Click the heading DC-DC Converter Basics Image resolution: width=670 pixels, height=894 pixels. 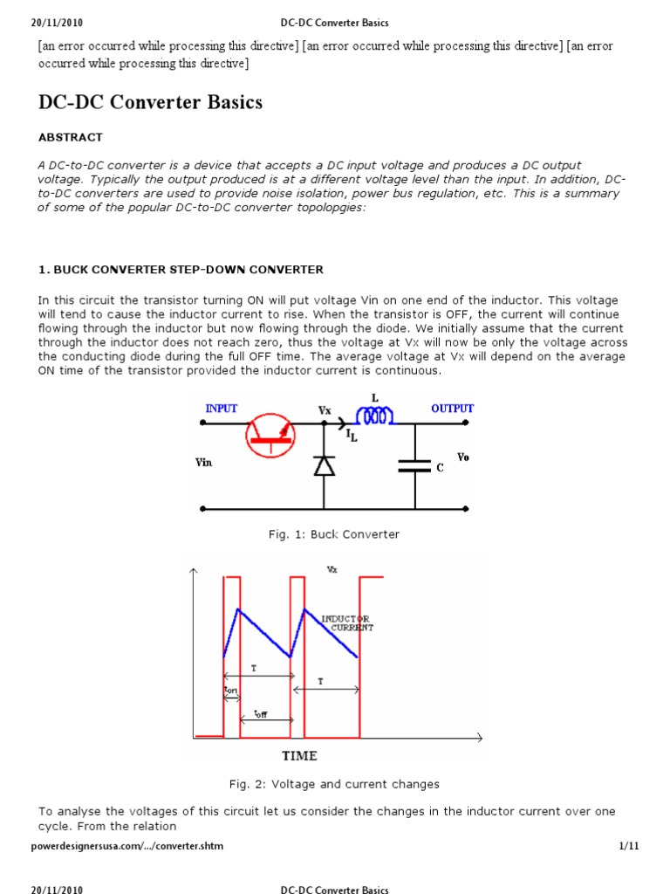pyautogui.click(x=150, y=102)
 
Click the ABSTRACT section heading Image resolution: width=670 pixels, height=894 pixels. pyautogui.click(x=70, y=137)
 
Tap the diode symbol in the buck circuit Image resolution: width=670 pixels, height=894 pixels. pyautogui.click(x=325, y=466)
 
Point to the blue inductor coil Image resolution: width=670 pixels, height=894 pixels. pyautogui.click(x=375, y=417)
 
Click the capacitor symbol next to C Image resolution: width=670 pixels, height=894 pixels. pyautogui.click(x=414, y=466)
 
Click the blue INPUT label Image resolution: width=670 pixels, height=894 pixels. pyautogui.click(x=222, y=408)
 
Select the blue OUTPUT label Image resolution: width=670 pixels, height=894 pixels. pyautogui.click(x=452, y=408)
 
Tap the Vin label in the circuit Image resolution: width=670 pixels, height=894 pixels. pyautogui.click(x=203, y=464)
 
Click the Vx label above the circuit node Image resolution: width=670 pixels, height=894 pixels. pyautogui.click(x=325, y=409)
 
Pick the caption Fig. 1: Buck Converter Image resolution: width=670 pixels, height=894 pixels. pyautogui.click(x=334, y=534)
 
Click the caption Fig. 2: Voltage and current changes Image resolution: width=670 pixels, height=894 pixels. pyautogui.click(x=334, y=784)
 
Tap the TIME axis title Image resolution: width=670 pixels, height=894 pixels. pyautogui.click(x=298, y=755)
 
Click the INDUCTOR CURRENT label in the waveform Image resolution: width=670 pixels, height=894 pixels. pyautogui.click(x=346, y=623)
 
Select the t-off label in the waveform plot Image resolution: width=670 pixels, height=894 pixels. pyautogui.click(x=260, y=714)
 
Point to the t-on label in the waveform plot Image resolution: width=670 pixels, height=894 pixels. pyautogui.click(x=231, y=690)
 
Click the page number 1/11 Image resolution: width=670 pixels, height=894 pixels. pyautogui.click(x=628, y=847)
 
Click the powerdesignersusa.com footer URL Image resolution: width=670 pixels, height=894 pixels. pyautogui.click(x=120, y=847)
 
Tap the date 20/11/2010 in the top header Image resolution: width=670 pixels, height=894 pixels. pyautogui.click(x=57, y=22)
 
